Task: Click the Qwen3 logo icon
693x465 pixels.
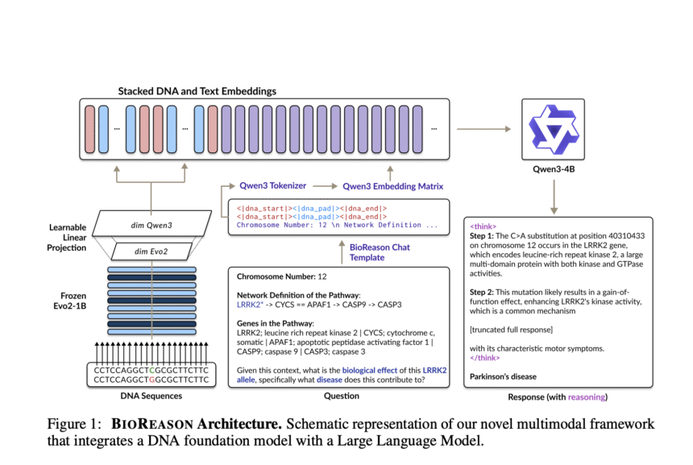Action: point(554,129)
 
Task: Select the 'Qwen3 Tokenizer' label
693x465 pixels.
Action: point(272,185)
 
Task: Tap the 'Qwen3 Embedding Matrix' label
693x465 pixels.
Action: point(393,186)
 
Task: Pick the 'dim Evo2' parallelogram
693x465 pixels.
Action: point(151,251)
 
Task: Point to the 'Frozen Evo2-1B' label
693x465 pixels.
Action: point(70,301)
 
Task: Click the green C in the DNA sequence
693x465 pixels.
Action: point(151,370)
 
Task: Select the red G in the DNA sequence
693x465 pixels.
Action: point(151,380)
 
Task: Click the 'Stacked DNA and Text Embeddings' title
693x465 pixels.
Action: point(197,91)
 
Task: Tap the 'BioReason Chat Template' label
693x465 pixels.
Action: point(380,252)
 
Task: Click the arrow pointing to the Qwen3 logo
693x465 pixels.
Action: point(484,129)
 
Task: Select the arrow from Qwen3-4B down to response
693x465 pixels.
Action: point(554,197)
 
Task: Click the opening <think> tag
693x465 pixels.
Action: point(483,226)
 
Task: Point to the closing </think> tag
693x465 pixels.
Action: point(485,358)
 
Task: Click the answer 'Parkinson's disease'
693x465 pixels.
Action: point(503,376)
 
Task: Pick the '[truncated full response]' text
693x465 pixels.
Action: point(511,330)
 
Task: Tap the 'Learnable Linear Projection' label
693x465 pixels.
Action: point(67,238)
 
